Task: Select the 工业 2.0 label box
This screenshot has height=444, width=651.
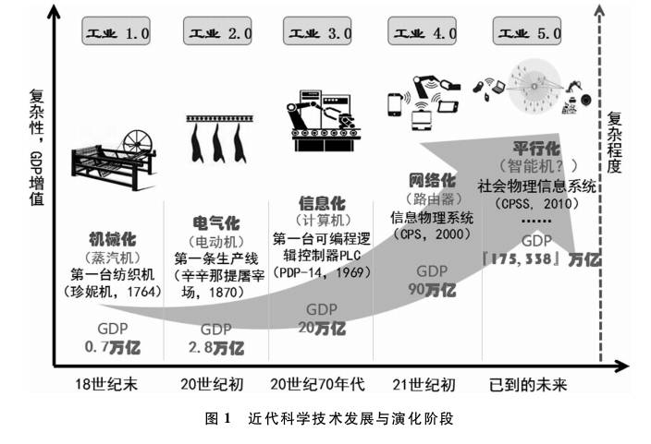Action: click(x=219, y=34)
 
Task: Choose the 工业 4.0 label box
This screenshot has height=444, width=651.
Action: click(x=425, y=34)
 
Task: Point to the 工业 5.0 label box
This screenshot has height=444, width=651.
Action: click(x=530, y=34)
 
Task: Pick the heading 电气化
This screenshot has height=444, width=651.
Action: click(x=215, y=224)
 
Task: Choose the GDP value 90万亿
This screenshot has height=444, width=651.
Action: click(x=431, y=289)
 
